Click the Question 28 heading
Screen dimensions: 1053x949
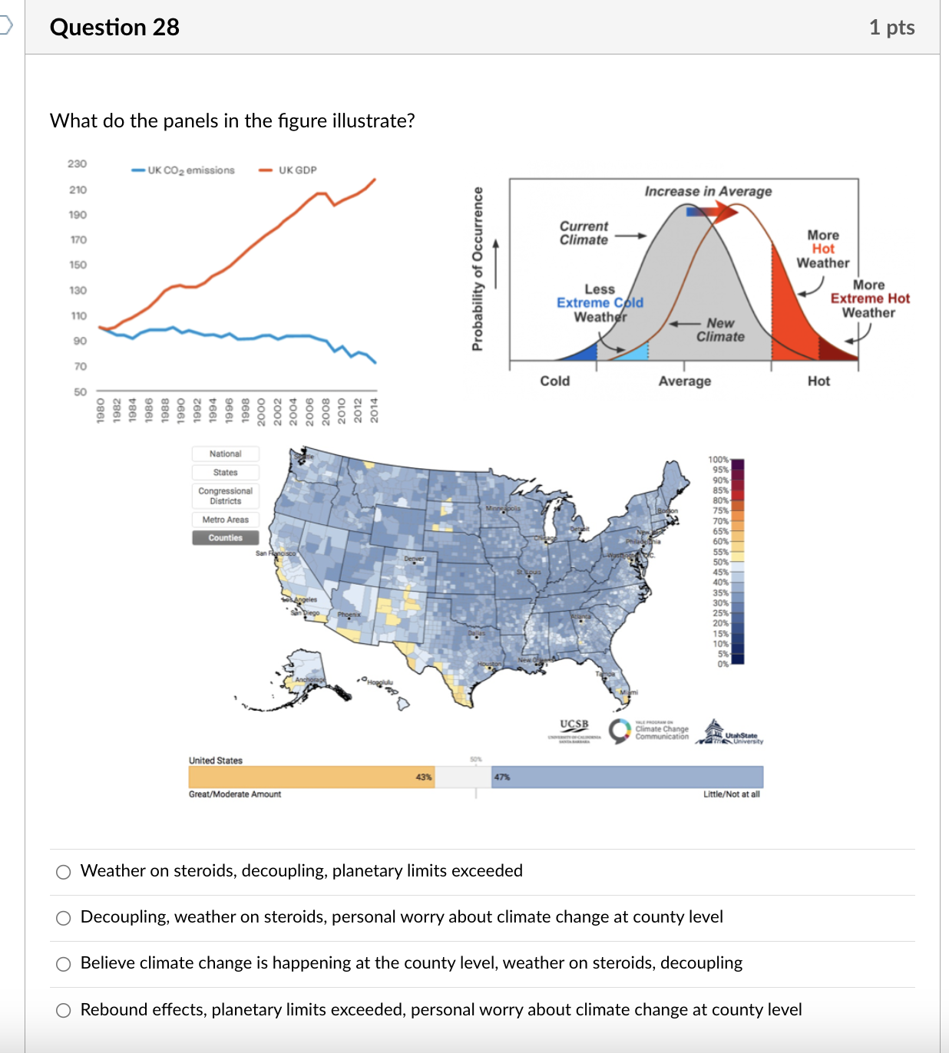(114, 28)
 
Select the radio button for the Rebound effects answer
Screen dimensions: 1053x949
(64, 1010)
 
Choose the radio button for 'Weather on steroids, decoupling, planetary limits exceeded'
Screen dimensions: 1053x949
(64, 872)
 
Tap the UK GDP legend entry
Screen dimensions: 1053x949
(289, 170)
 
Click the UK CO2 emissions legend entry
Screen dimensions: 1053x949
(184, 170)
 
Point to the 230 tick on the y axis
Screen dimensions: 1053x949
(78, 163)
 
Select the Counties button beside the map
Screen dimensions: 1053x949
(225, 538)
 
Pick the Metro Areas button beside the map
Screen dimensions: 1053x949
(225, 520)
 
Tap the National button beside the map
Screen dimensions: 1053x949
(225, 454)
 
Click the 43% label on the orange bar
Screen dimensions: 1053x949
(424, 777)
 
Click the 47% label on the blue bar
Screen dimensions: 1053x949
(502, 777)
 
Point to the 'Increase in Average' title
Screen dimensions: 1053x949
(708, 191)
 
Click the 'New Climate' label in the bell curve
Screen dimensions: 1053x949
(720, 330)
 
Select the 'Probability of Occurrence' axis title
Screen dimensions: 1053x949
(478, 269)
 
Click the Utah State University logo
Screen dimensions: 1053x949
(730, 734)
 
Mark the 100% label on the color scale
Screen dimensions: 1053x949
(718, 460)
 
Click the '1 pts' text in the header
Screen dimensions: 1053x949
(891, 28)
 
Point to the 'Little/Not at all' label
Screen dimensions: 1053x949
(731, 794)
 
